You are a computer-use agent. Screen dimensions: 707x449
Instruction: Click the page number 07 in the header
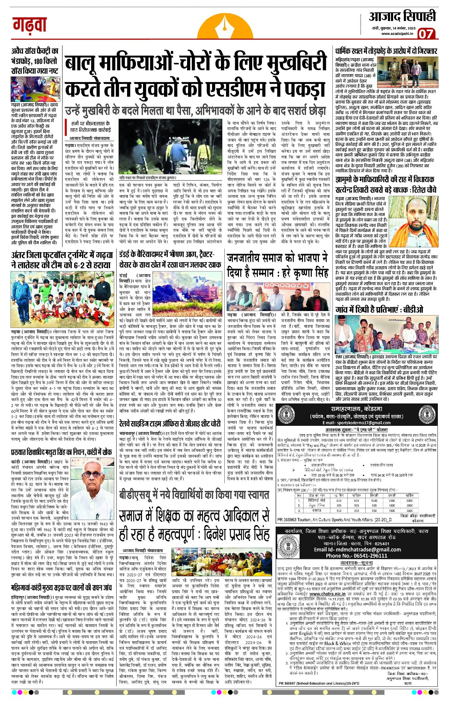coord(426,34)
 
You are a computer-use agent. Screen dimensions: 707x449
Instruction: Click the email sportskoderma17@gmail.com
coord(356,423)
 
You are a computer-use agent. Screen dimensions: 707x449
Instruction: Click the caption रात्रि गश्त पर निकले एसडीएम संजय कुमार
coord(148,178)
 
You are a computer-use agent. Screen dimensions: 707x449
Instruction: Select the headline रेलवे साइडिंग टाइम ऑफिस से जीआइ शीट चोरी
coord(170,423)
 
